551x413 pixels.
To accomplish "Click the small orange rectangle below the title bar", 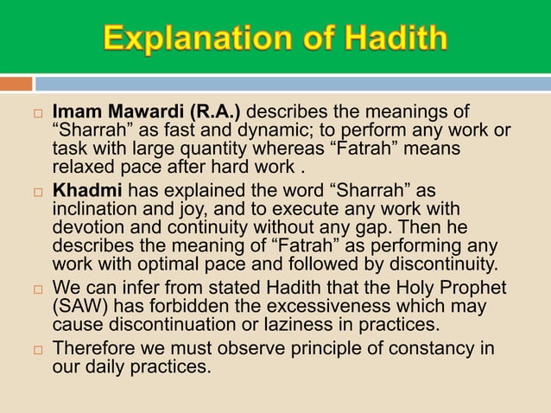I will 16,84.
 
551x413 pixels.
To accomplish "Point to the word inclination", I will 92,209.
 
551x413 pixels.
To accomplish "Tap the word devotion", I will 88,228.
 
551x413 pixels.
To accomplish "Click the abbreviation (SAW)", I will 80,307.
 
